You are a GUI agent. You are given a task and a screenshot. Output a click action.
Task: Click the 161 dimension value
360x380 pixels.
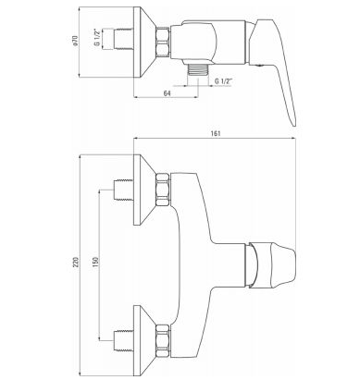point(217,133)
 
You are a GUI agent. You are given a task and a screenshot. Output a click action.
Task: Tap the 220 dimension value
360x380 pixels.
point(77,262)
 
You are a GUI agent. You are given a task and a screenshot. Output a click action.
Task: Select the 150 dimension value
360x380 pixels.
point(95,262)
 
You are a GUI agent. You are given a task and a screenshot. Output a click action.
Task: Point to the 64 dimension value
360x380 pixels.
point(167,93)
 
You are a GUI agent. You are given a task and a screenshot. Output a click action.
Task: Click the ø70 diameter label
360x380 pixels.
point(75,41)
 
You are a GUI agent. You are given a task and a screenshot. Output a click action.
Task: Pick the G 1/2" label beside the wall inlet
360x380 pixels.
point(97,39)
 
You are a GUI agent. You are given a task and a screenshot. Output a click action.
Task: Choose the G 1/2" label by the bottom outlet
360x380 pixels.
point(224,81)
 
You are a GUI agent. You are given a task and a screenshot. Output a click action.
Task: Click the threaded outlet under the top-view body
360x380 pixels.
point(197,69)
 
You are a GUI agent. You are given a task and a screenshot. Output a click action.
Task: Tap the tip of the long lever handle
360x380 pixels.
point(294,125)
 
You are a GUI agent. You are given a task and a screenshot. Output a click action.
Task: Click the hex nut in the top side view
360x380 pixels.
point(163,42)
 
